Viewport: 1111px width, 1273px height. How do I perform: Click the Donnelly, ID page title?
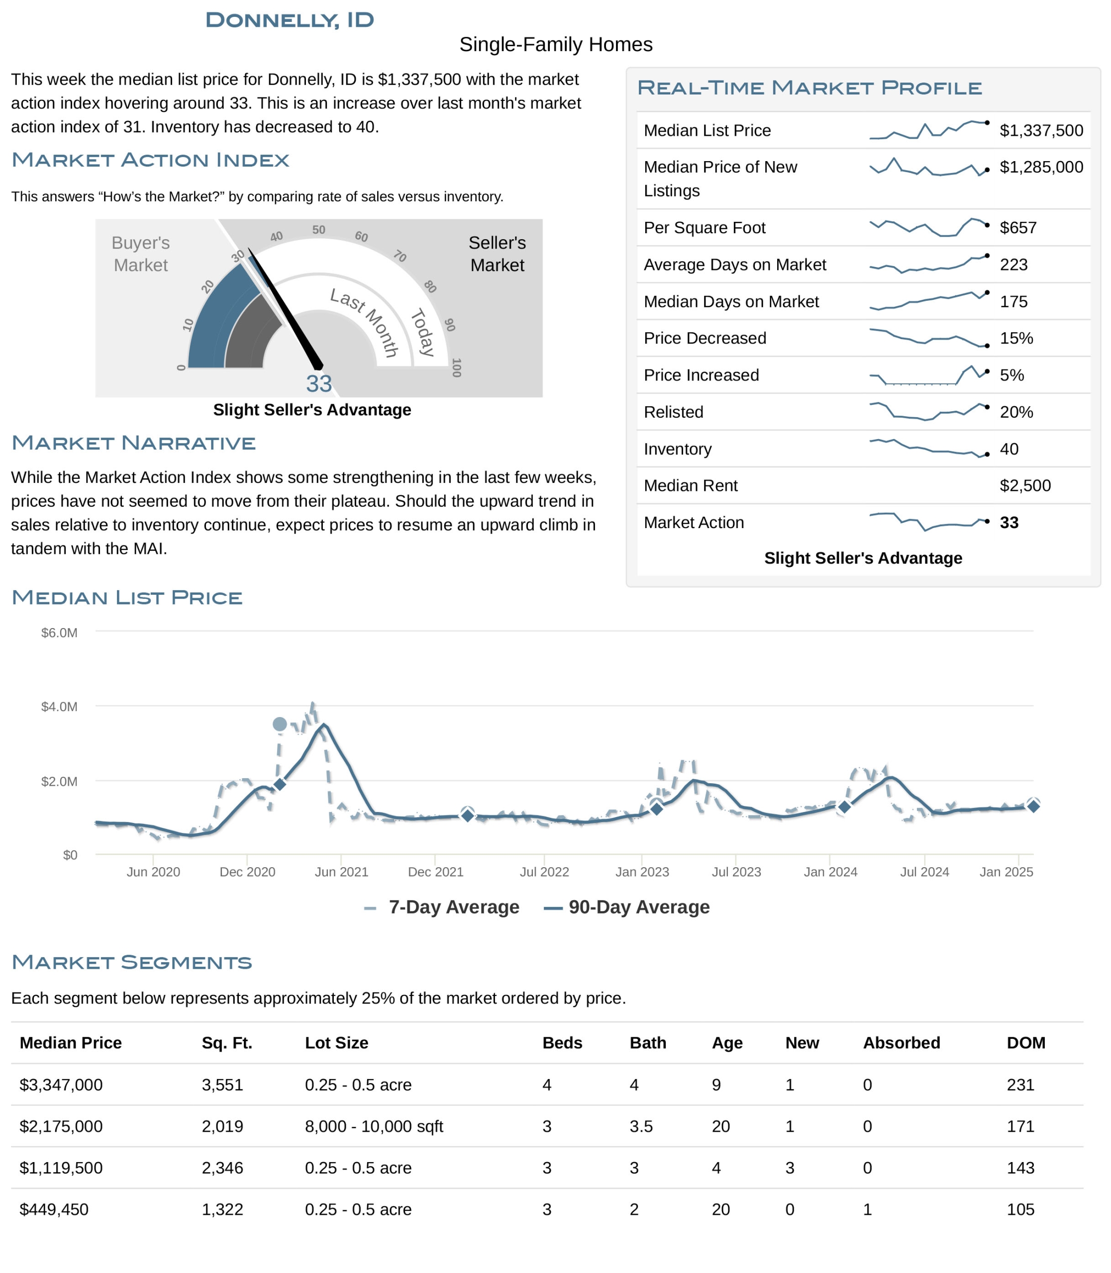click(x=290, y=20)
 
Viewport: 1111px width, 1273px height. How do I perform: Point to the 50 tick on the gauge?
click(x=318, y=230)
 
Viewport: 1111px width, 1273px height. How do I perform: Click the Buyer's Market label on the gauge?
click(x=141, y=254)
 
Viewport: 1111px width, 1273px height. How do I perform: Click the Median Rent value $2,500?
click(x=1025, y=485)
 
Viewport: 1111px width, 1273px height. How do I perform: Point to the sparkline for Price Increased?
click(x=929, y=375)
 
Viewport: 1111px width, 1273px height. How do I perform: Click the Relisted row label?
click(x=673, y=412)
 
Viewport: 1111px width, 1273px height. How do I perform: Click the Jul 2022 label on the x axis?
click(x=544, y=872)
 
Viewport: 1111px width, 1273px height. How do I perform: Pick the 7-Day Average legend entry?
click(x=453, y=908)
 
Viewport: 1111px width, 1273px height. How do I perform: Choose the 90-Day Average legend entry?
click(x=638, y=908)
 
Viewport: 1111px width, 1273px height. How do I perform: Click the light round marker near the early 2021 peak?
click(x=280, y=724)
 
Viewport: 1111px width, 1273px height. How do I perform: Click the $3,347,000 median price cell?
click(x=61, y=1085)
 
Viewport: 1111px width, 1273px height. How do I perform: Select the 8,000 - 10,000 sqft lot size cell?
click(x=374, y=1127)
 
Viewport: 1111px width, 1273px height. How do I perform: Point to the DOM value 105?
click(x=1020, y=1210)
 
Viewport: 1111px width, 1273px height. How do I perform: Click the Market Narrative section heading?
click(x=133, y=443)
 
